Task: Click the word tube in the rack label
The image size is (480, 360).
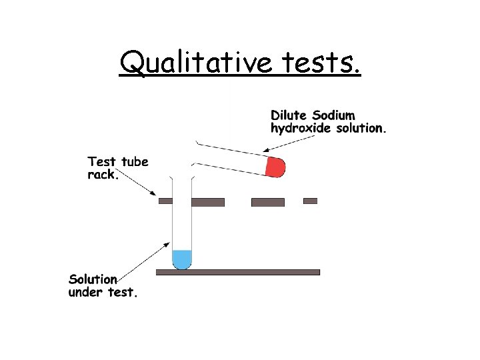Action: click(134, 162)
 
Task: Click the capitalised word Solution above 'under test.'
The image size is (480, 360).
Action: click(93, 279)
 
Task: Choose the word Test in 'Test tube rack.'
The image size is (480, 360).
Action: click(102, 162)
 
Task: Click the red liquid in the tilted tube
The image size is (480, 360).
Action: click(275, 167)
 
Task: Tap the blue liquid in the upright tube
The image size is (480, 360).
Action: click(182, 258)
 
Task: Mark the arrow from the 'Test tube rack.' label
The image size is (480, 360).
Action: click(139, 185)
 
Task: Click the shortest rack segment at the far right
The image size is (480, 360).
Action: click(310, 201)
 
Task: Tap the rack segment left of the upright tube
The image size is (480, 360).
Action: click(165, 201)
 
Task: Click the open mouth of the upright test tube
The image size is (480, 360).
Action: click(182, 179)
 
